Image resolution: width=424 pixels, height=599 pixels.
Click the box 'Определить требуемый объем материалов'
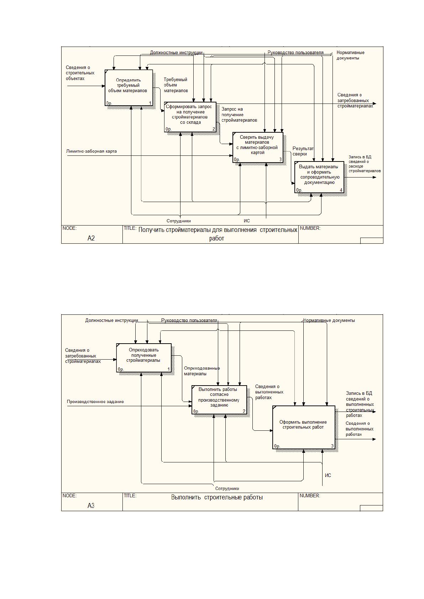point(129,88)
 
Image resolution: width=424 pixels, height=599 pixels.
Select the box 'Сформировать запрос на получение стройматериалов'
point(190,117)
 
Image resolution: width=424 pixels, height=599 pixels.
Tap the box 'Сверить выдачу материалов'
point(258,147)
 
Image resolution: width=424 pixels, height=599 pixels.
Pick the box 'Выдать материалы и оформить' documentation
point(319,177)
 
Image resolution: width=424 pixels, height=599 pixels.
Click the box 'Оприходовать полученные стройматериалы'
point(144,358)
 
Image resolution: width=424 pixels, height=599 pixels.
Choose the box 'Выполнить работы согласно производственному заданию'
point(219,400)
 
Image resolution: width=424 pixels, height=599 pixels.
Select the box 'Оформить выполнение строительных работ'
point(304,427)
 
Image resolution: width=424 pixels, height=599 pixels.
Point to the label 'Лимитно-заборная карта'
point(91,151)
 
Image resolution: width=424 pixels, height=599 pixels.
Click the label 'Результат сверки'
point(303,151)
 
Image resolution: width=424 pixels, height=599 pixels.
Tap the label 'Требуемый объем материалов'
point(176,85)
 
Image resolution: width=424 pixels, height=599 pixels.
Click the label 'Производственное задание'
point(95,401)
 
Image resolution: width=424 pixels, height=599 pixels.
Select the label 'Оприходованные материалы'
point(202,371)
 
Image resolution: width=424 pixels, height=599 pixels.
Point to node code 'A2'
point(91,238)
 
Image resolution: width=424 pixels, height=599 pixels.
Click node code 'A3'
point(91,505)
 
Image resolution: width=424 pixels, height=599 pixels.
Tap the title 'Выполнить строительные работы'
point(217,497)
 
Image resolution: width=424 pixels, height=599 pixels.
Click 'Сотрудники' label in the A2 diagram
point(179,221)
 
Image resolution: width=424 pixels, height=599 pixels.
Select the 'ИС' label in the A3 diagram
point(328,475)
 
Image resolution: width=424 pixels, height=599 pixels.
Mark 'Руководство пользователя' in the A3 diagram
point(189,320)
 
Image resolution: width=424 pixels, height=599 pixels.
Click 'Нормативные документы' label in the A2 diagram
point(350,55)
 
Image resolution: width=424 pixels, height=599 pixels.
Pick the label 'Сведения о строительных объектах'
point(80,73)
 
